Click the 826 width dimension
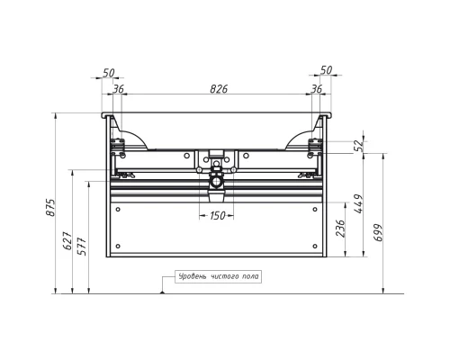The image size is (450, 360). point(219,89)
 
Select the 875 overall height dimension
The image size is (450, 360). point(50,207)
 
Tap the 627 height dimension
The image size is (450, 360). point(67,240)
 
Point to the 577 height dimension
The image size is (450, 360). point(82,247)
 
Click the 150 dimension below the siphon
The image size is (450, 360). point(217,215)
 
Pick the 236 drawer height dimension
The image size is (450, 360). point(341,229)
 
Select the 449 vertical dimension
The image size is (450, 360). point(358,204)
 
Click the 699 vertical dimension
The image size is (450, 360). point(379,232)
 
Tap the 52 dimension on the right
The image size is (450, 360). point(359,145)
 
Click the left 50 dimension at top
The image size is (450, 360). point(109,73)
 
